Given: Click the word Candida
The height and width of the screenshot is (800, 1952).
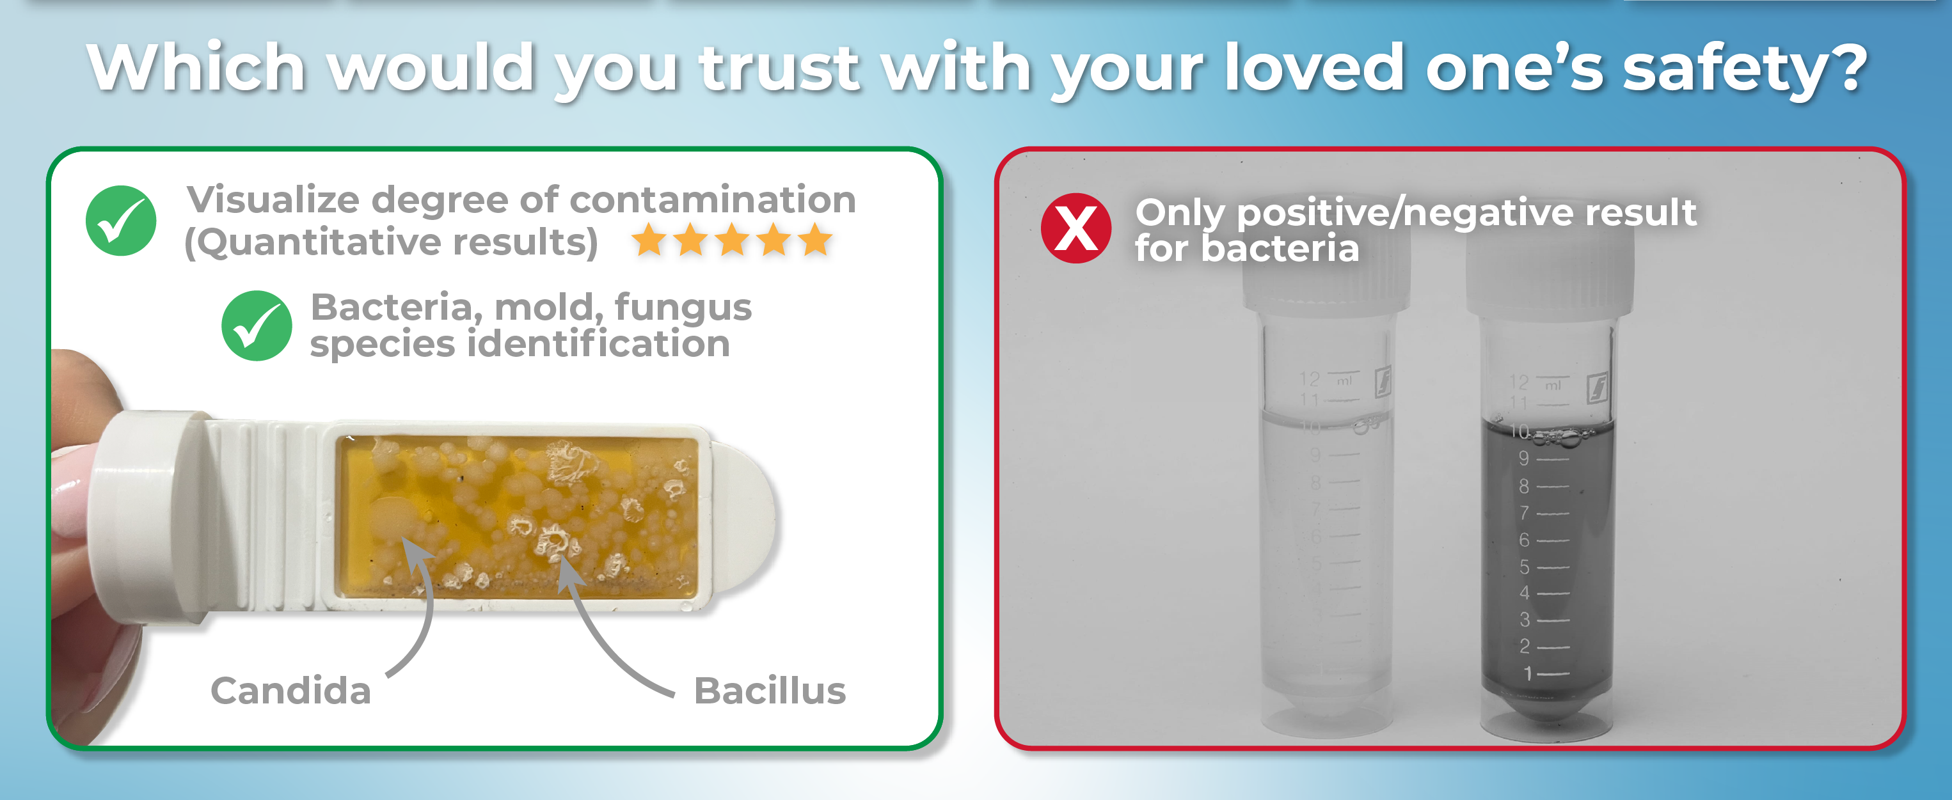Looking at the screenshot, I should [x=291, y=691].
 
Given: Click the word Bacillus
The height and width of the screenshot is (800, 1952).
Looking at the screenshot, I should [x=770, y=691].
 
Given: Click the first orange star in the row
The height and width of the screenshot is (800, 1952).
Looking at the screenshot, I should [x=649, y=241].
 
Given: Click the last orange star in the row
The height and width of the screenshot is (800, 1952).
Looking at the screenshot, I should [x=815, y=241].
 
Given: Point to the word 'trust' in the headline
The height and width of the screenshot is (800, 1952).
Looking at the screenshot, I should [x=781, y=68].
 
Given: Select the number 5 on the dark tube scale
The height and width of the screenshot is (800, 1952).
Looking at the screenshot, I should [x=1524, y=567].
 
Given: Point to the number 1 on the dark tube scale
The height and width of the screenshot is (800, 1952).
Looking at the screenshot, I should [x=1528, y=673].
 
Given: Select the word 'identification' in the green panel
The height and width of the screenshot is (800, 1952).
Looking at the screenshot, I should [x=599, y=344].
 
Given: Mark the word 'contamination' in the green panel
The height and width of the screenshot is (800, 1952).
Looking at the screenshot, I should [x=712, y=200].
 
